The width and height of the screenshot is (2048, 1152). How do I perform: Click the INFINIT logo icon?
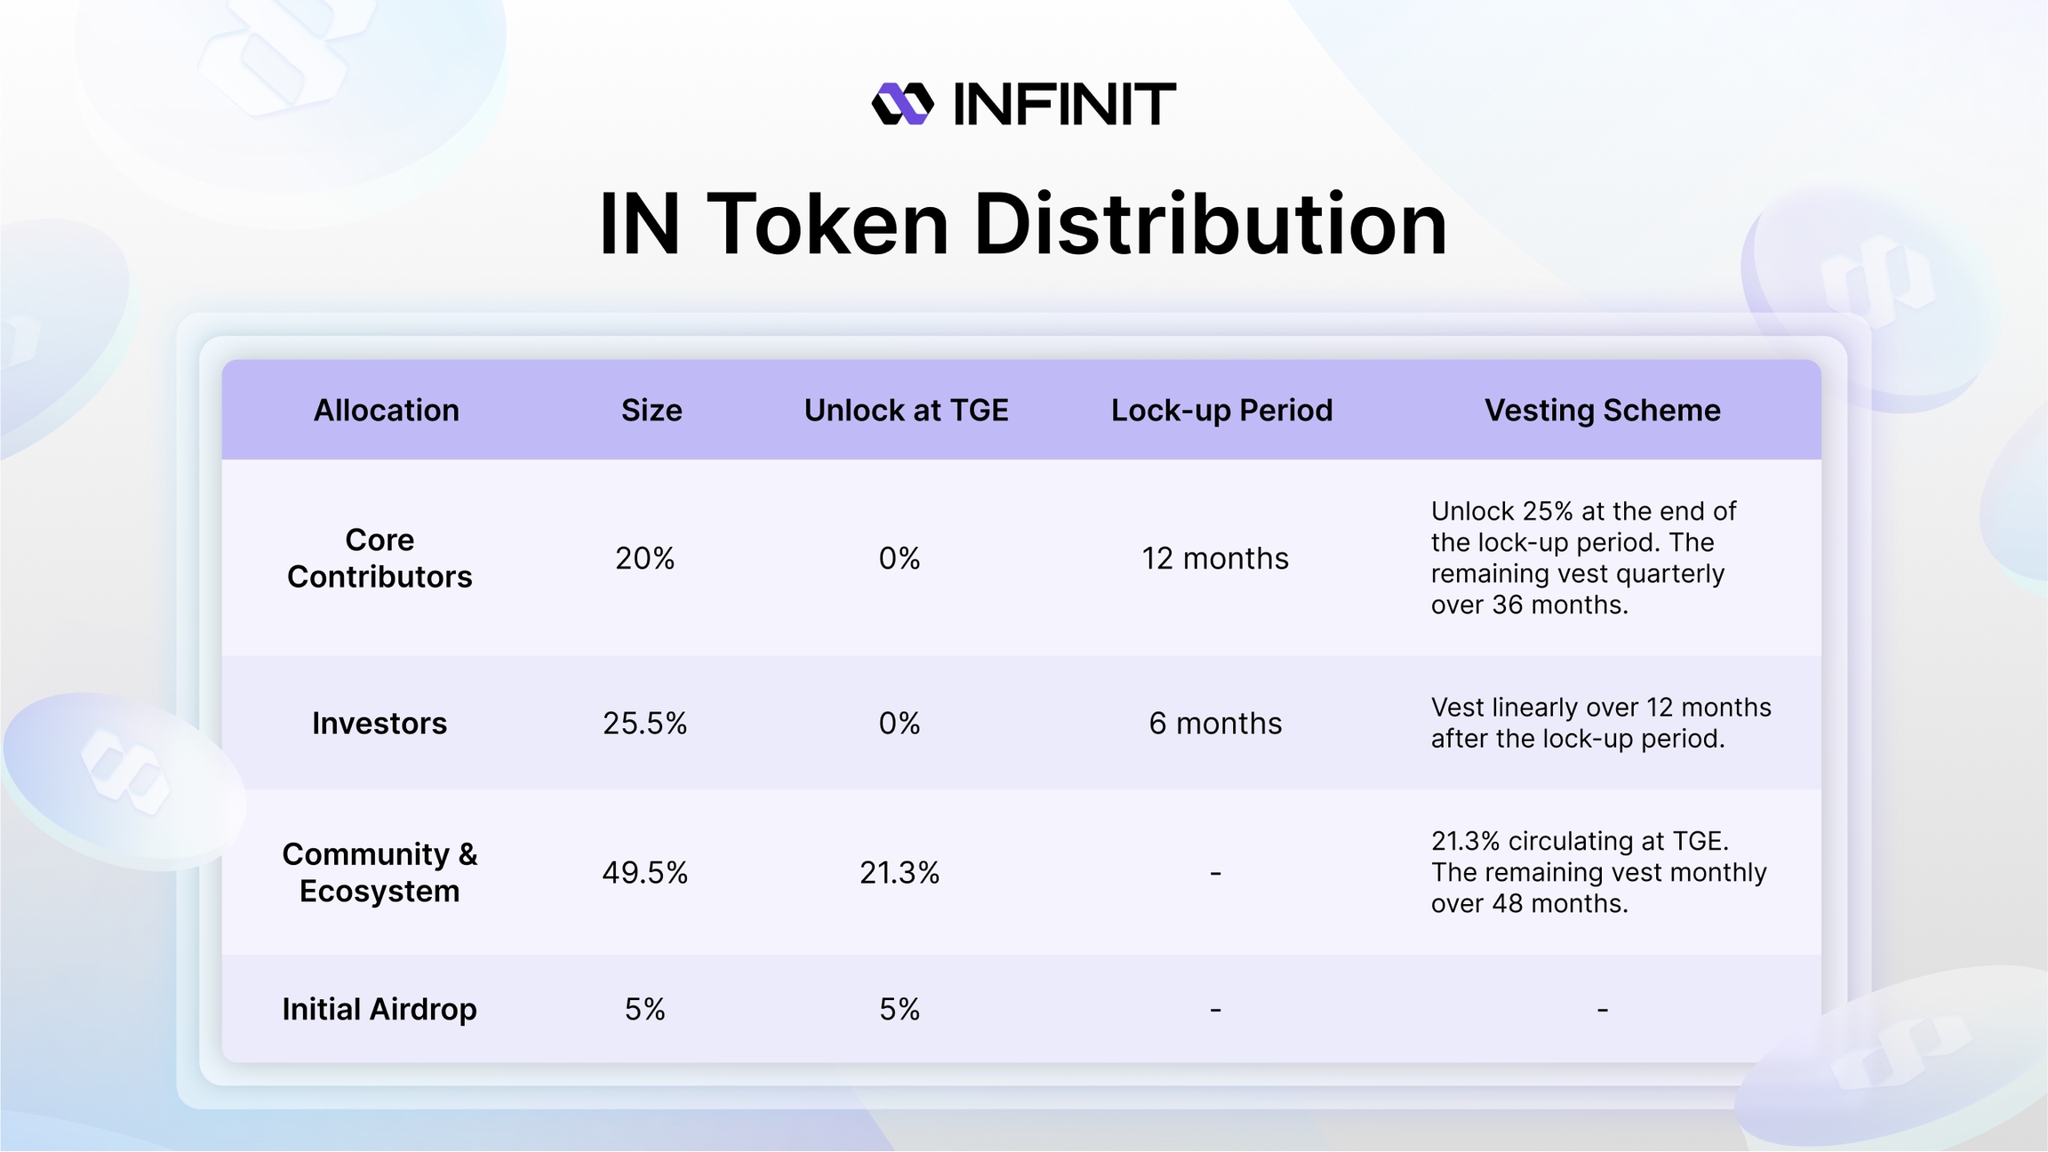pos(902,104)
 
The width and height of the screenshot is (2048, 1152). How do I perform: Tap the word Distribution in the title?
pos(1211,224)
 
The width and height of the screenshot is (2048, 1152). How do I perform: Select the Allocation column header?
pos(387,410)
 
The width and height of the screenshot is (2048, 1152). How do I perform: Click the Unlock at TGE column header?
pos(906,410)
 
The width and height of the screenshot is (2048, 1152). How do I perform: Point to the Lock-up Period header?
pos(1221,410)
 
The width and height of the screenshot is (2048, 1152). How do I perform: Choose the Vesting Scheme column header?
pos(1603,410)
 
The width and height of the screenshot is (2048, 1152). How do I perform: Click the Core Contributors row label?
pos(380,558)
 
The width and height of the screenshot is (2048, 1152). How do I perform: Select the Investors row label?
pos(380,724)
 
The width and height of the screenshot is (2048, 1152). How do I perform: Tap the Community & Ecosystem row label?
pos(380,872)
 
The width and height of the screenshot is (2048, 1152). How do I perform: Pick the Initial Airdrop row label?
pos(380,1009)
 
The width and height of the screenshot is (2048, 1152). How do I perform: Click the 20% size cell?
pos(644,558)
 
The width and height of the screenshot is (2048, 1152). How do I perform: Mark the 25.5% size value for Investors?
pos(644,724)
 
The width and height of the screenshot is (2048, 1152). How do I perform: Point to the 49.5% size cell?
pos(644,873)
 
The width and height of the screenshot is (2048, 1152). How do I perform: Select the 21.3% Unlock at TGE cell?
pos(900,873)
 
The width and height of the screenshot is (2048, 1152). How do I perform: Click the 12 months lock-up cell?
pos(1215,558)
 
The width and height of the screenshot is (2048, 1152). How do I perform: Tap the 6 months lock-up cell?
pos(1215,724)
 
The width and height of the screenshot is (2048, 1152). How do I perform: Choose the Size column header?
pos(652,410)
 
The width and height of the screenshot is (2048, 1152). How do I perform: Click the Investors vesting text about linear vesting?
pos(1601,723)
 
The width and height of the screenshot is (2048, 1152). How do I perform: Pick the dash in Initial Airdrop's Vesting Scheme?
pos(1602,1009)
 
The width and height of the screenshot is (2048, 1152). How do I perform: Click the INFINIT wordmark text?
pos(1064,104)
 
